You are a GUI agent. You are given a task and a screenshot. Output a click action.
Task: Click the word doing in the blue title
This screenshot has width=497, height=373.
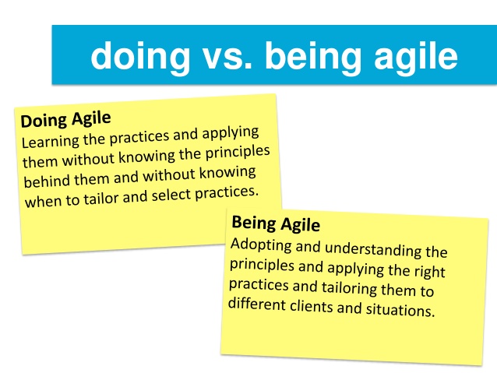(137, 56)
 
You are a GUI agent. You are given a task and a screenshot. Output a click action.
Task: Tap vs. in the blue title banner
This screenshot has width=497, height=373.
(220, 56)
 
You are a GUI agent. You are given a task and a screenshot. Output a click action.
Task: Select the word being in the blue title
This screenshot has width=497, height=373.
(306, 56)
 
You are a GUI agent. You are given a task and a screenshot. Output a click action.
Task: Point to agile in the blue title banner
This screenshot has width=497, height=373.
(411, 56)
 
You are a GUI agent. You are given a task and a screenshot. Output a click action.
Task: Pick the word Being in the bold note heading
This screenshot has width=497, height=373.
(253, 222)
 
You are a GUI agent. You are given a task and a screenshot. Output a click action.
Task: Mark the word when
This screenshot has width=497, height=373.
(42, 201)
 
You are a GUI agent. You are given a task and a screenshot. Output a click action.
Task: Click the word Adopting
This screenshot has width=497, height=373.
(262, 245)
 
